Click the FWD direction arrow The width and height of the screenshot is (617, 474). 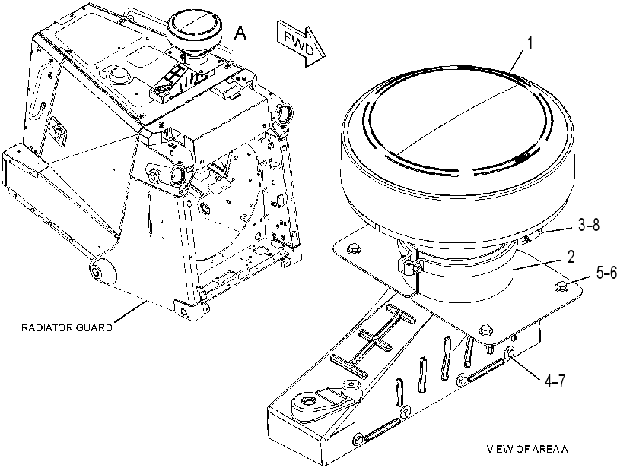tap(301, 43)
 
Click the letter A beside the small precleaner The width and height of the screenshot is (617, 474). tap(240, 33)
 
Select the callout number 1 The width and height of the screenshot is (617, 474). tap(530, 43)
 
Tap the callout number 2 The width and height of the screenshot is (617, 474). tap(571, 256)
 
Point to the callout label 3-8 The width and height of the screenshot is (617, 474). tap(589, 225)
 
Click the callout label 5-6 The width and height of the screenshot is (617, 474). tap(606, 272)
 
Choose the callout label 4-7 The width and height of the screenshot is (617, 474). tap(555, 381)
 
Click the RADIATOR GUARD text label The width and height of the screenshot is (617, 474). tap(66, 327)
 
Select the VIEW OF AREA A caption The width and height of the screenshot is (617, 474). tap(527, 449)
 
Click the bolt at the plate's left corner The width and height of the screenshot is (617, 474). tap(351, 248)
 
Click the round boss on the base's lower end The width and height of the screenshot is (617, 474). tap(306, 402)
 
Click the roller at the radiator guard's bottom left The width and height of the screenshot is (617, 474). tap(103, 270)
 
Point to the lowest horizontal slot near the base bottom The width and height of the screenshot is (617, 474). tap(382, 430)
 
